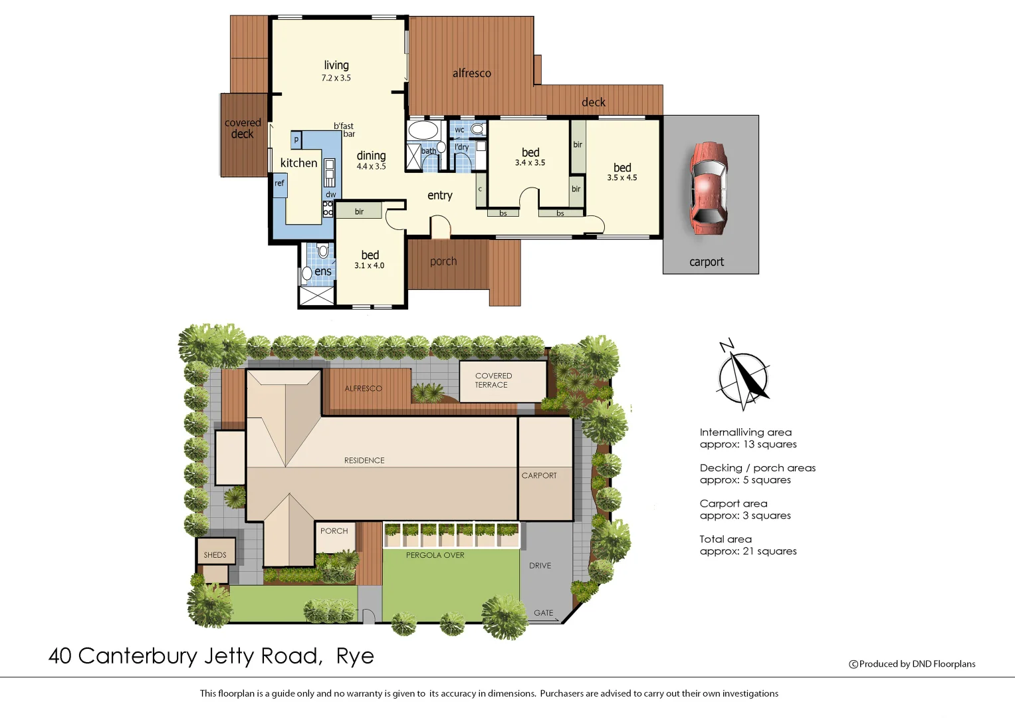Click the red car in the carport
(x=709, y=188)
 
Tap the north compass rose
(x=744, y=377)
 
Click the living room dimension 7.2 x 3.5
(x=336, y=78)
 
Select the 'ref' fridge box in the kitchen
(x=280, y=183)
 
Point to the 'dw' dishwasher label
(x=330, y=195)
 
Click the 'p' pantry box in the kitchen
(x=296, y=140)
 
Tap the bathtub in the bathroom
(x=423, y=129)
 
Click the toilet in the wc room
(x=477, y=128)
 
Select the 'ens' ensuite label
(x=323, y=271)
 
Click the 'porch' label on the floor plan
(x=443, y=261)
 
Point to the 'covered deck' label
(x=243, y=128)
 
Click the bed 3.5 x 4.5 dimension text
(x=622, y=178)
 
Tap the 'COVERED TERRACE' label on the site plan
(x=493, y=380)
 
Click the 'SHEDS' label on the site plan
(x=215, y=555)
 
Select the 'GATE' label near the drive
(x=543, y=613)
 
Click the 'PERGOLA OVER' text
(x=435, y=555)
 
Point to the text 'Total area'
(x=725, y=539)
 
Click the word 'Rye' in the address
(x=355, y=656)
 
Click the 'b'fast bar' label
(x=344, y=130)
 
